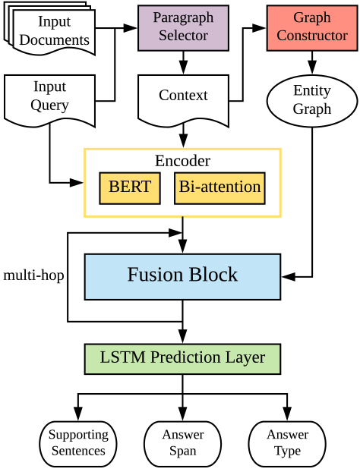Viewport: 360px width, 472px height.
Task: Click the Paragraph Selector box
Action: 183,27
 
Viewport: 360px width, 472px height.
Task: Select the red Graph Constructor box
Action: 312,27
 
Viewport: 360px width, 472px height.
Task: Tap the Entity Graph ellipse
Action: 312,101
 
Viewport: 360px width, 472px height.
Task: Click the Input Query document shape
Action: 49,101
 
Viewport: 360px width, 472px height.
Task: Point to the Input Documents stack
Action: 49,29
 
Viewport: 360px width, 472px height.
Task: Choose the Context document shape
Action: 183,101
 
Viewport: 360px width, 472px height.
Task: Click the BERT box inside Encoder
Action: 130,188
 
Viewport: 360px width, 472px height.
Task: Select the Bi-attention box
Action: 220,188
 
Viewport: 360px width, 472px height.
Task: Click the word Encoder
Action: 182,161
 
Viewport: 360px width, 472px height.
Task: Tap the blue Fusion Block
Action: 182,277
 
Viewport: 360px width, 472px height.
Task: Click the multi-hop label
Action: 33,275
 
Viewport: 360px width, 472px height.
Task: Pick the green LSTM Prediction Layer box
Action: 182,359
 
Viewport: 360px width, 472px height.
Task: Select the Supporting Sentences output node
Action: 78,444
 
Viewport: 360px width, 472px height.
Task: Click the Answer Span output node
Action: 182,444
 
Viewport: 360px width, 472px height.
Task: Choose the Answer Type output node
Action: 287,444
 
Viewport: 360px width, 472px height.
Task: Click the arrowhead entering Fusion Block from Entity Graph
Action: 289,277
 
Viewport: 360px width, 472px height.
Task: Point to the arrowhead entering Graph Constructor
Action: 259,28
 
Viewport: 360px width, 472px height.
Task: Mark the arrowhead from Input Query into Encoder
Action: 77,182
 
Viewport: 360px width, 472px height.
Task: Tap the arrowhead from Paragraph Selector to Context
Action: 183,68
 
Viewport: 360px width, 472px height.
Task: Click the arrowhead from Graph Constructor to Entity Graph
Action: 312,68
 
